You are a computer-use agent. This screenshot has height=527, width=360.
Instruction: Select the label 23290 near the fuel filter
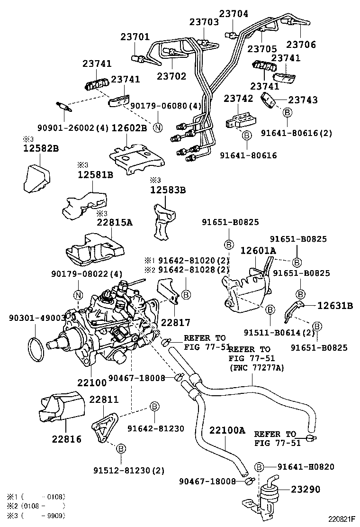pyautogui.click(x=306, y=489)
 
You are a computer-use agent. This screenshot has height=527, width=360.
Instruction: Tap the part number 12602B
pyautogui.click(x=129, y=128)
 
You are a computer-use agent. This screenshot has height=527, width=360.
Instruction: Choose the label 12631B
pyautogui.click(x=335, y=306)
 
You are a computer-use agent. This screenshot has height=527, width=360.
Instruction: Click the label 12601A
pyautogui.click(x=258, y=250)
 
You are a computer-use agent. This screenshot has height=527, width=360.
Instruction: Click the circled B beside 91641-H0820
pyautogui.click(x=259, y=467)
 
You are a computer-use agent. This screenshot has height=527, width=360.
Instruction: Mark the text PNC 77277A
pyautogui.click(x=256, y=367)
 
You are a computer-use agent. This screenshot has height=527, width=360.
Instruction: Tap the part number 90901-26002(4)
pyautogui.click(x=73, y=128)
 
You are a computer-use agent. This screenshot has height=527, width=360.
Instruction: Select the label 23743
pyautogui.click(x=303, y=100)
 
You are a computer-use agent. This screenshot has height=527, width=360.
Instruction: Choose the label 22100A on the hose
pyautogui.click(x=227, y=430)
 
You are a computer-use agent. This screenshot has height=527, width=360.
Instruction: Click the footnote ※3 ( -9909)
pyautogui.click(x=36, y=515)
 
